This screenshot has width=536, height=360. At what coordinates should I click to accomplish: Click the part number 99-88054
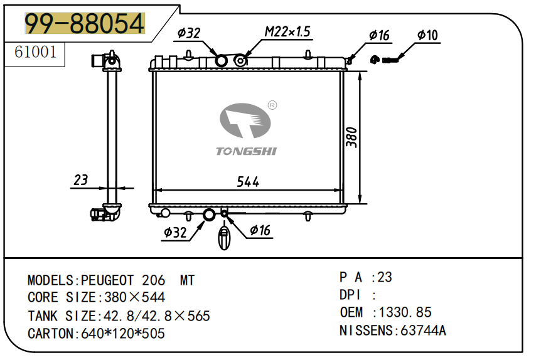tap(85, 23)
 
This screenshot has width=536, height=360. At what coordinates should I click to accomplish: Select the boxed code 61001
tap(35, 52)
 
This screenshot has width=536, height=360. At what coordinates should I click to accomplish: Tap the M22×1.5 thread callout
tap(287, 31)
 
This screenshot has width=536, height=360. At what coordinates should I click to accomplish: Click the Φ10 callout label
tap(427, 35)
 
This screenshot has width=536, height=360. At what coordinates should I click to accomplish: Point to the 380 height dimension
tap(351, 137)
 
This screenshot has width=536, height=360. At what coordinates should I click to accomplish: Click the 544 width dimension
tap(248, 182)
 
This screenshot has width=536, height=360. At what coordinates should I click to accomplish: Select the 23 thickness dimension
tap(81, 180)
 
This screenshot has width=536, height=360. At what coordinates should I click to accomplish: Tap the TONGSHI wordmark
tap(246, 151)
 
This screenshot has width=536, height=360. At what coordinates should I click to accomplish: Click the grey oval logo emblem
tap(245, 120)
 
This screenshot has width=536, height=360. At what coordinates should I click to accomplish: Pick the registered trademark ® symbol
tap(272, 105)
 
